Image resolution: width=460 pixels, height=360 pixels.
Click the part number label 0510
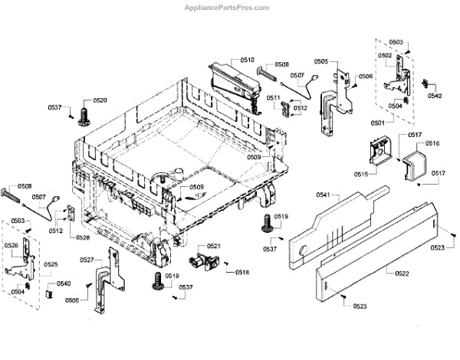(247, 59)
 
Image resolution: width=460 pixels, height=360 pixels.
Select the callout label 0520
(100, 101)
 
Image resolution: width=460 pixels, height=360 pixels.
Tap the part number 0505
(320, 61)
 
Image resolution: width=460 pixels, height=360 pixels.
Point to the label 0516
(432, 144)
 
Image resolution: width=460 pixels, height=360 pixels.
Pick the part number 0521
(213, 246)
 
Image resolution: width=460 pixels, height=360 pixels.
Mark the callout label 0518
(242, 273)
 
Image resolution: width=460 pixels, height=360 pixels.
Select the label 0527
(87, 260)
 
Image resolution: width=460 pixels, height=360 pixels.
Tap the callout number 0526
(11, 246)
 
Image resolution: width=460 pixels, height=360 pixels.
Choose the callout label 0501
(379, 123)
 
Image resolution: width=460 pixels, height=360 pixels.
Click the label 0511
(274, 97)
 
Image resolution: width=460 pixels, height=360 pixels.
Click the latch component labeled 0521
(203, 263)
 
